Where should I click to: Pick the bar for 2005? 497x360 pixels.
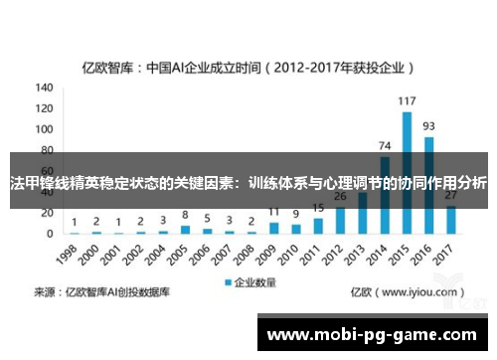tap(185, 230)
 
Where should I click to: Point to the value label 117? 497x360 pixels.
tap(407, 100)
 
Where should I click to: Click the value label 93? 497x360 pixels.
tap(428, 126)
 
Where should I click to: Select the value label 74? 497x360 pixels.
tap(385, 146)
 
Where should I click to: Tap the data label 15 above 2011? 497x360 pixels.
tap(318, 208)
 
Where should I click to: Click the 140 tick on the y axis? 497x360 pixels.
tap(45, 87)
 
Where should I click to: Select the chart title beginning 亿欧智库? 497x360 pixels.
tap(248, 69)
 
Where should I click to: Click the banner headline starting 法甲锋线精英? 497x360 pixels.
tap(248, 183)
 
